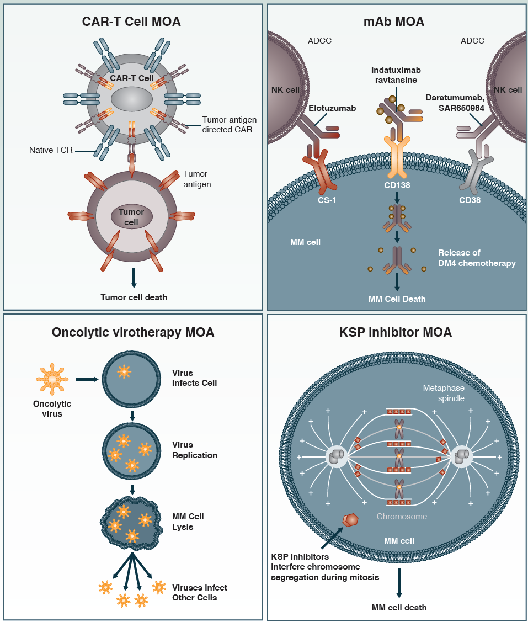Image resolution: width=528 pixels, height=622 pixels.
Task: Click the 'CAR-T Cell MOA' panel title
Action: pyautogui.click(x=132, y=22)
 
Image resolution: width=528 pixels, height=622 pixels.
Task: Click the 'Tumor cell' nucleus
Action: pyautogui.click(x=131, y=217)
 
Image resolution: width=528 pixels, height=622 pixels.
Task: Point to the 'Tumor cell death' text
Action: pyautogui.click(x=134, y=297)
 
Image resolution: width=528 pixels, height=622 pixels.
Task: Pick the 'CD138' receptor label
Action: pyautogui.click(x=397, y=200)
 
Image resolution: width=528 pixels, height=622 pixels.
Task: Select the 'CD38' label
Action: pyautogui.click(x=469, y=200)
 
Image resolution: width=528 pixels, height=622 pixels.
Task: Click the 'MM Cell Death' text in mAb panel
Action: pyautogui.click(x=397, y=299)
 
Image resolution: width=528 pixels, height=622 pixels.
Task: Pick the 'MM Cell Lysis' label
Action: pyautogui.click(x=188, y=522)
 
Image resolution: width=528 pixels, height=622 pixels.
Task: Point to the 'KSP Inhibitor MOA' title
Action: pyautogui.click(x=396, y=332)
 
